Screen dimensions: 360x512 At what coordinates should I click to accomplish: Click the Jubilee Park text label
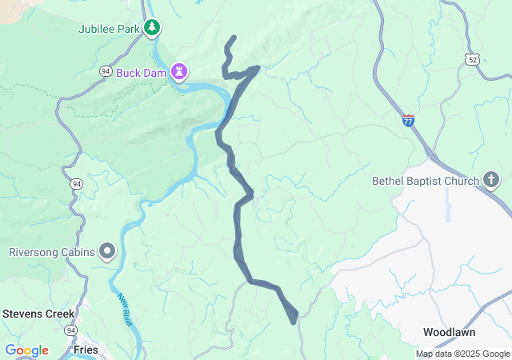[109, 30]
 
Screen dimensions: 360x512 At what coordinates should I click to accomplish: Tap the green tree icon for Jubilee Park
[152, 30]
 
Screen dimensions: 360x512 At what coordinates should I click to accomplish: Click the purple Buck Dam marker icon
[181, 73]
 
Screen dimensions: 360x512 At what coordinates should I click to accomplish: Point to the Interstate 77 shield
[408, 121]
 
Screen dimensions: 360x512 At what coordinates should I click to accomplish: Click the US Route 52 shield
[474, 59]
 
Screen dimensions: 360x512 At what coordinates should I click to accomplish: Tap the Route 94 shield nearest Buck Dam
[106, 72]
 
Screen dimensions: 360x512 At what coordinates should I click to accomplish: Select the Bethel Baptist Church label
[425, 181]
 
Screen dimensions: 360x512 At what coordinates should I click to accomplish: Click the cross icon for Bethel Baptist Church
[491, 181]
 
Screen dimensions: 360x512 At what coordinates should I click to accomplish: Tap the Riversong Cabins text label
[52, 253]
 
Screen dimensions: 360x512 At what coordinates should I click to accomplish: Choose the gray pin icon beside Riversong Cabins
[107, 253]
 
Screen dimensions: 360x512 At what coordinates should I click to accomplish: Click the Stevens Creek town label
[38, 314]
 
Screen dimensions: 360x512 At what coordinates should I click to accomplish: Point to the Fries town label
[84, 350]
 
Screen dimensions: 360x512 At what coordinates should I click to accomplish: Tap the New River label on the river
[124, 307]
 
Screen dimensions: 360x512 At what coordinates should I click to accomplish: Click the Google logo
[26, 350]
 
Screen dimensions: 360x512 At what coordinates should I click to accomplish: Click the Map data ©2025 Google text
[462, 354]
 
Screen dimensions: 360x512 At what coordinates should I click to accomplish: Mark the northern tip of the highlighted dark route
[234, 37]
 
